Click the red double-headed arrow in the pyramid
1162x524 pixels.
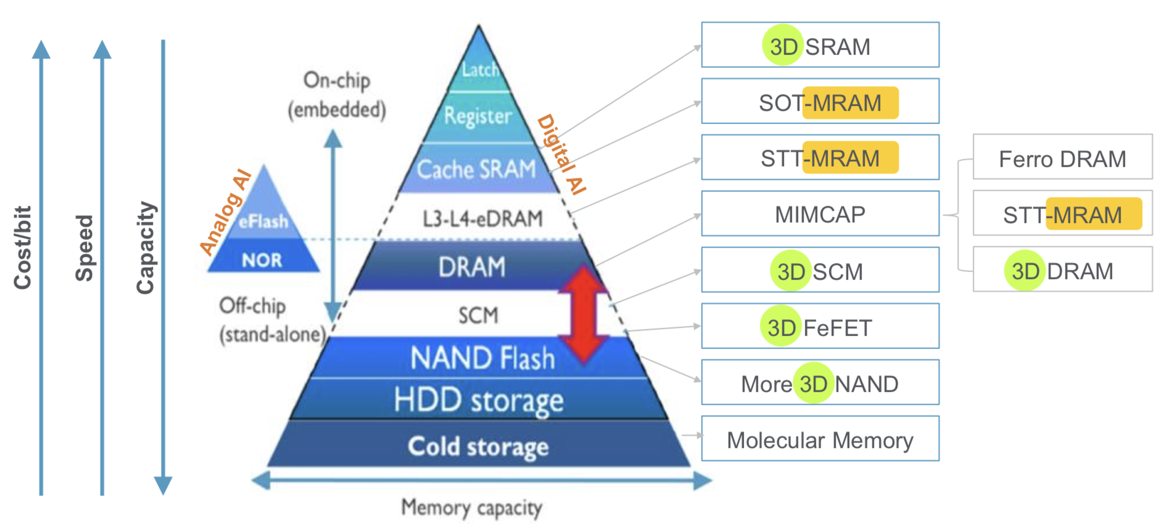(x=584, y=314)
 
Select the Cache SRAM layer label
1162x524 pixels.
(x=476, y=170)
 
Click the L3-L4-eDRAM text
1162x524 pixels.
(x=483, y=219)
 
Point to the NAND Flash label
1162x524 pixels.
(x=483, y=358)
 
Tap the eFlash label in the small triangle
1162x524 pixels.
(x=263, y=221)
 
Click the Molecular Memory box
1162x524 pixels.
(x=820, y=438)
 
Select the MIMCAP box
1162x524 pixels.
(x=820, y=213)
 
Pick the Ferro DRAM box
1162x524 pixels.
(x=1063, y=157)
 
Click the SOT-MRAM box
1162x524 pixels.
(x=820, y=101)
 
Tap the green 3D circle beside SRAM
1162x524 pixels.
(x=783, y=45)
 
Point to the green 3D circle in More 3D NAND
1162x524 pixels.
(x=813, y=383)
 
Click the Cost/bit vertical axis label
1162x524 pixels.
(x=23, y=248)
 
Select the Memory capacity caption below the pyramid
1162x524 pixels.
(x=472, y=508)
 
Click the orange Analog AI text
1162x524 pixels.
(x=225, y=212)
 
